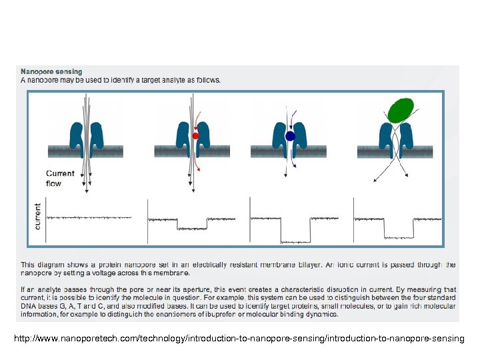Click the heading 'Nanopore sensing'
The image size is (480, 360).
coord(51,71)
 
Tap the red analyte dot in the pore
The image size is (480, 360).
coord(195,135)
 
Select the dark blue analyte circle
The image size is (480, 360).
coord(290,136)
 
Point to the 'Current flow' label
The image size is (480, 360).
coord(60,178)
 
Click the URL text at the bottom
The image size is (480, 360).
coord(239,339)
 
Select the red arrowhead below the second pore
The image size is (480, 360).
coord(197,171)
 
